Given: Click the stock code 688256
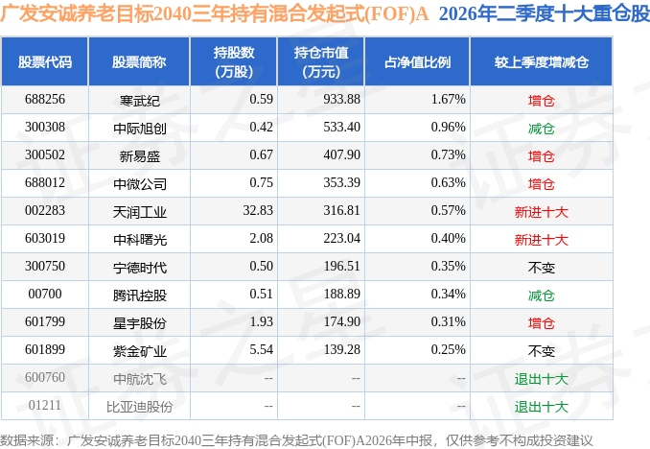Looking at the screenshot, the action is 45,99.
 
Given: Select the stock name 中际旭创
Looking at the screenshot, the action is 140,129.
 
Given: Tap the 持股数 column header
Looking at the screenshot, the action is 234,62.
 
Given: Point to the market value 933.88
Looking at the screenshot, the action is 341,99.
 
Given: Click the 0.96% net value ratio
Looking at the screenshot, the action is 448,127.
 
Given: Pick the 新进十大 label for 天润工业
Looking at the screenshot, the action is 541,212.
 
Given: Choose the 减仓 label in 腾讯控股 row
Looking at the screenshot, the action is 541,295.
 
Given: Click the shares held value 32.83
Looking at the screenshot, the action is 258,210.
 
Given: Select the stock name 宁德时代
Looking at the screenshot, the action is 140,268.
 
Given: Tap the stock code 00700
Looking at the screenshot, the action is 45,294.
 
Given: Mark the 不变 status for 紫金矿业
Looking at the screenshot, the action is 541,351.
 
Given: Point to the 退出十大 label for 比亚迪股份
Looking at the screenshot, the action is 541,407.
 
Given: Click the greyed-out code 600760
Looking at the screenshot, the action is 45,377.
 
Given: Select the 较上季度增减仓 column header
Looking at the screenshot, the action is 541,62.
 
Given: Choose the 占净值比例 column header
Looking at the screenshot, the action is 417,62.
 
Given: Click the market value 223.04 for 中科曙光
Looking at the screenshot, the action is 341,238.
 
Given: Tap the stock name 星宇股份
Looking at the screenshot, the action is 140,323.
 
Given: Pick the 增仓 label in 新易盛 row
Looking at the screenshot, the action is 541,156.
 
